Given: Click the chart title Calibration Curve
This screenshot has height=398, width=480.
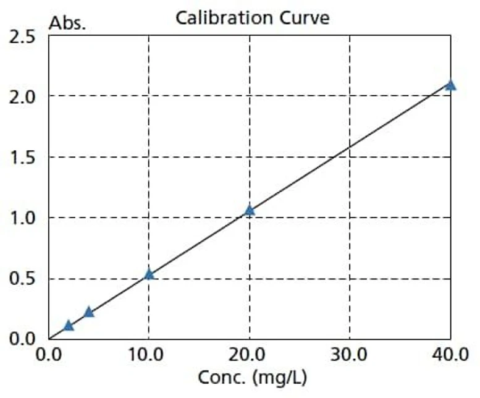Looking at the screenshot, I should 252,18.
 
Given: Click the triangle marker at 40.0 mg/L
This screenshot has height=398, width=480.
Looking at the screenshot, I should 450,85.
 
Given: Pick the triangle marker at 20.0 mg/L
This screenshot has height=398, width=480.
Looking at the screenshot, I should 250,210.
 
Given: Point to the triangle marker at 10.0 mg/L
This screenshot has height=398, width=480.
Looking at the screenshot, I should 149,274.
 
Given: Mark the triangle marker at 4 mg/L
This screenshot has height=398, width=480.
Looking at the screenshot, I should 89,312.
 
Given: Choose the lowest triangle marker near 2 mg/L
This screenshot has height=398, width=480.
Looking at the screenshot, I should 69,326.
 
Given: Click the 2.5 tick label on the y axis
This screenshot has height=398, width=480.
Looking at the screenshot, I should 23,36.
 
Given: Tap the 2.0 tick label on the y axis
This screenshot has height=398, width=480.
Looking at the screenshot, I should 23,96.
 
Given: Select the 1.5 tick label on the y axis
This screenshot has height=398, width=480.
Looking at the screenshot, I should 23,157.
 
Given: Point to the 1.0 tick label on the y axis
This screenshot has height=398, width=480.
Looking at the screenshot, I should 23,218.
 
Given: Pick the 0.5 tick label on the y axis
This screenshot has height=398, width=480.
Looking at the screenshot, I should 23,278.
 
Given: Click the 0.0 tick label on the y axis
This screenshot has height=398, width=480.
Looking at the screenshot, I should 23,338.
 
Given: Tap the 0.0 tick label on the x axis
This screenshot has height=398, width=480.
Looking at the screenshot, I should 48,355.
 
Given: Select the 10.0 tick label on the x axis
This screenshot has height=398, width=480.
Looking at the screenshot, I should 148,355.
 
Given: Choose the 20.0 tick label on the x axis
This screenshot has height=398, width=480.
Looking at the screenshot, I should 249,355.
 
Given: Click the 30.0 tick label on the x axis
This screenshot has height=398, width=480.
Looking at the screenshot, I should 350,355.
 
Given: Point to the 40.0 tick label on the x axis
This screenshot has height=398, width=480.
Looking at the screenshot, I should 450,355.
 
